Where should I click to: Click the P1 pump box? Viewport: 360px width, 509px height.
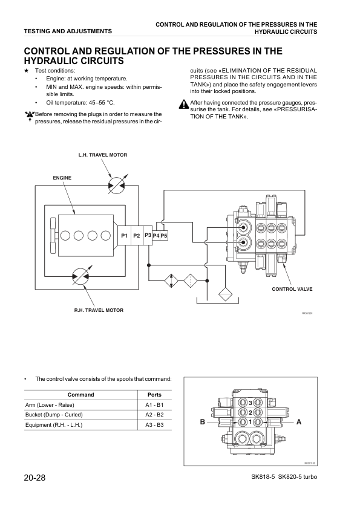(123, 235)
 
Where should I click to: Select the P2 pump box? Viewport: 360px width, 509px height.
(137, 235)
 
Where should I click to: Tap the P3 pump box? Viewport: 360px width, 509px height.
(148, 235)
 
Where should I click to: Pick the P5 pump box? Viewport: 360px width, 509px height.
(164, 235)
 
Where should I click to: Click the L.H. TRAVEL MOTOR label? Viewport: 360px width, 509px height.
(103, 155)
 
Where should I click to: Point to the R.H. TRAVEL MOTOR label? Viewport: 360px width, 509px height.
(99, 310)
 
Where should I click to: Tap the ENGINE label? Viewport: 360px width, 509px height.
(62, 178)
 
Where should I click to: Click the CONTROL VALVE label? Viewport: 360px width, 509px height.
(292, 290)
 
